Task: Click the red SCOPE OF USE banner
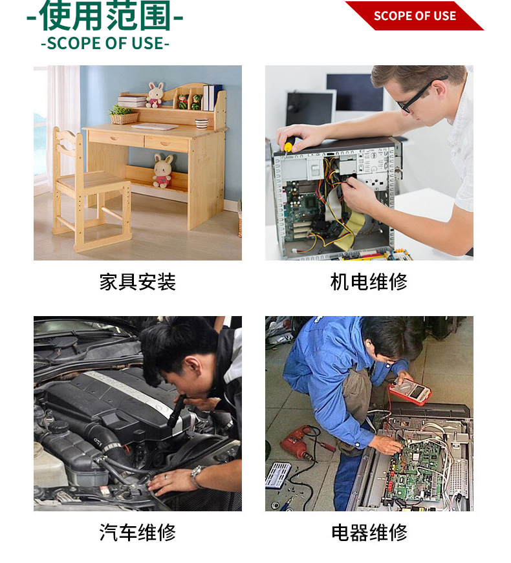click(415, 16)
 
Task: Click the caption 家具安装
click(137, 282)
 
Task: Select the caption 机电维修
click(369, 282)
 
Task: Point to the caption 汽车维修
click(137, 533)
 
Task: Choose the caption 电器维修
click(369, 533)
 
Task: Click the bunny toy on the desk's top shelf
click(155, 94)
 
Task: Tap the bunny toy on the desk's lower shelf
click(162, 171)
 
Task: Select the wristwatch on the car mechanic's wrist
click(197, 475)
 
